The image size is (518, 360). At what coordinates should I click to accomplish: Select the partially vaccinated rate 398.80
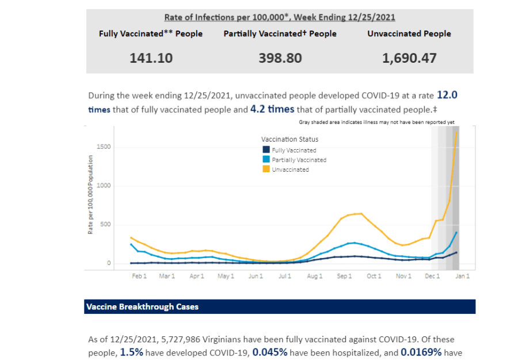coord(280,58)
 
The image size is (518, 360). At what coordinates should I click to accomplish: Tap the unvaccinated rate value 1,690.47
coord(409,58)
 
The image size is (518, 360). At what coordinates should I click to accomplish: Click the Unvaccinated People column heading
coord(409,33)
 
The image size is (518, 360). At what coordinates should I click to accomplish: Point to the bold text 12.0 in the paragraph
coord(447,95)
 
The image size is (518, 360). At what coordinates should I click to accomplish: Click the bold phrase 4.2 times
coord(272,109)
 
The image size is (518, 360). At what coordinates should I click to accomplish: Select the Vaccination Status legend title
coord(290,139)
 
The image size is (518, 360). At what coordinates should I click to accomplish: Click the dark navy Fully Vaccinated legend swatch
coord(265,150)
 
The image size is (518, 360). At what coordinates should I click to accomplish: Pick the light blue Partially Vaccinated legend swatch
coord(265,160)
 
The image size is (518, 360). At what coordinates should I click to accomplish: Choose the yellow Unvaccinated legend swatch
coord(265,169)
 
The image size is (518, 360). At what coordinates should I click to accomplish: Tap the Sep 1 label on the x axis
coord(344,276)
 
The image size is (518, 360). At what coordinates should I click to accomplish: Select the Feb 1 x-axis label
coord(139,276)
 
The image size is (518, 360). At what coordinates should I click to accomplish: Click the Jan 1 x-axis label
coord(463,276)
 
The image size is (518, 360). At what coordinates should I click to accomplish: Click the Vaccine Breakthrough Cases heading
coord(142,307)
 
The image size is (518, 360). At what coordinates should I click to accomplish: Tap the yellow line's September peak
coord(360,214)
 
